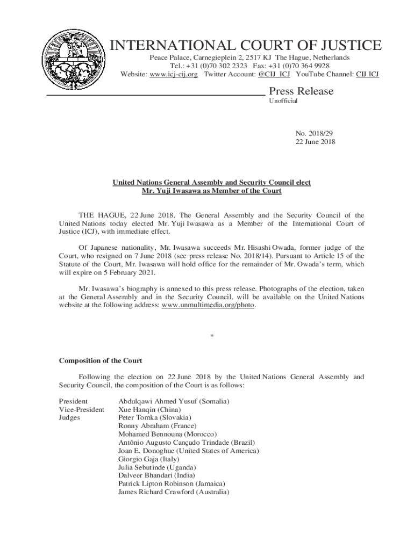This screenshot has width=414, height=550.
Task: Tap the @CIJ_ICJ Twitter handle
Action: tap(274, 74)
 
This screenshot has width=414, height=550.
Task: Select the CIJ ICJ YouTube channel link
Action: tap(367, 74)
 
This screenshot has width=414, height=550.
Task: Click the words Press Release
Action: tap(301, 91)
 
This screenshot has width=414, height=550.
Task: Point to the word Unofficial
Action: tap(283, 101)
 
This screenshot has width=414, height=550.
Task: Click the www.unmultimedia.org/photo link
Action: tap(209, 306)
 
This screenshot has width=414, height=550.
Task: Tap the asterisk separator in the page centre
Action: tap(212, 336)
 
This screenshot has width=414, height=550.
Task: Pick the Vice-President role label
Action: tap(81, 409)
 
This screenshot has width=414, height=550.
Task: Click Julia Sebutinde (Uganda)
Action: tap(156, 467)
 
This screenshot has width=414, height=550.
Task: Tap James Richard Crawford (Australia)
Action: tap(173, 492)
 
